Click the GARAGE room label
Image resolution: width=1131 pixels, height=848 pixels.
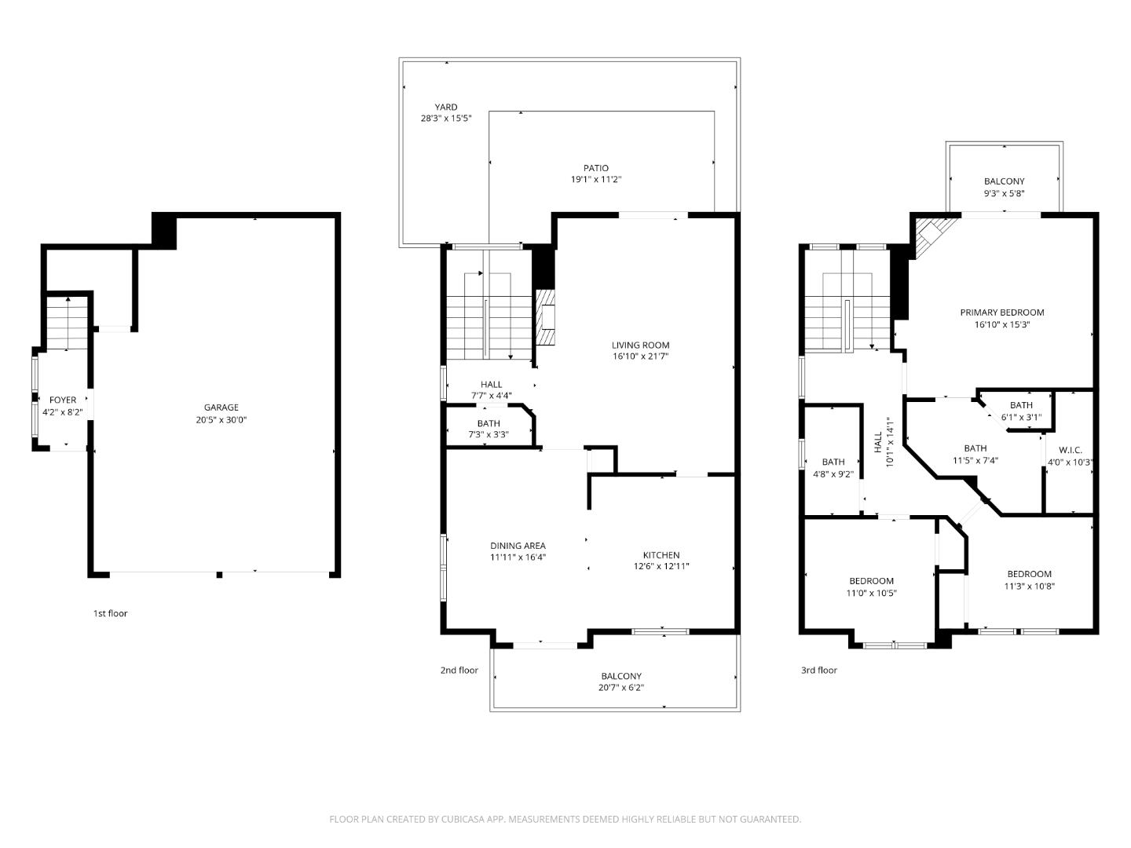pyautogui.click(x=221, y=408)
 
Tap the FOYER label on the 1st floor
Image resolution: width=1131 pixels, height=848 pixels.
pyautogui.click(x=63, y=400)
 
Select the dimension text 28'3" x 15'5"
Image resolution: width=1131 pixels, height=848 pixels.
pyautogui.click(x=445, y=119)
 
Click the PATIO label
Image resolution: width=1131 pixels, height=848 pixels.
pyautogui.click(x=595, y=168)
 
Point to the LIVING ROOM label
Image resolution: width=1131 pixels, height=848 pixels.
pyautogui.click(x=640, y=345)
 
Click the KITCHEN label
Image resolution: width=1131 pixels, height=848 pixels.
pyautogui.click(x=661, y=555)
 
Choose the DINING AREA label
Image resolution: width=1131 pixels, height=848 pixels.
pyautogui.click(x=518, y=546)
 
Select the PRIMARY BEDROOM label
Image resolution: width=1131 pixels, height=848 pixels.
pyautogui.click(x=1001, y=313)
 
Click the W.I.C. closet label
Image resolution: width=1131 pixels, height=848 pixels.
pyautogui.click(x=1070, y=451)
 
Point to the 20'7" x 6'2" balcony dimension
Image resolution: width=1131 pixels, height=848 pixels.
pyautogui.click(x=621, y=688)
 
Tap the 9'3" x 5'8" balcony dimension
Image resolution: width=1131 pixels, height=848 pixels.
pyautogui.click(x=1004, y=193)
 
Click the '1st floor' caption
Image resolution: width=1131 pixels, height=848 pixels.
pyautogui.click(x=110, y=613)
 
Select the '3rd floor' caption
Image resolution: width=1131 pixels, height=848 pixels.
pyautogui.click(x=818, y=670)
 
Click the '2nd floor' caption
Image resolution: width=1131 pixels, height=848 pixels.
pyautogui.click(x=459, y=670)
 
